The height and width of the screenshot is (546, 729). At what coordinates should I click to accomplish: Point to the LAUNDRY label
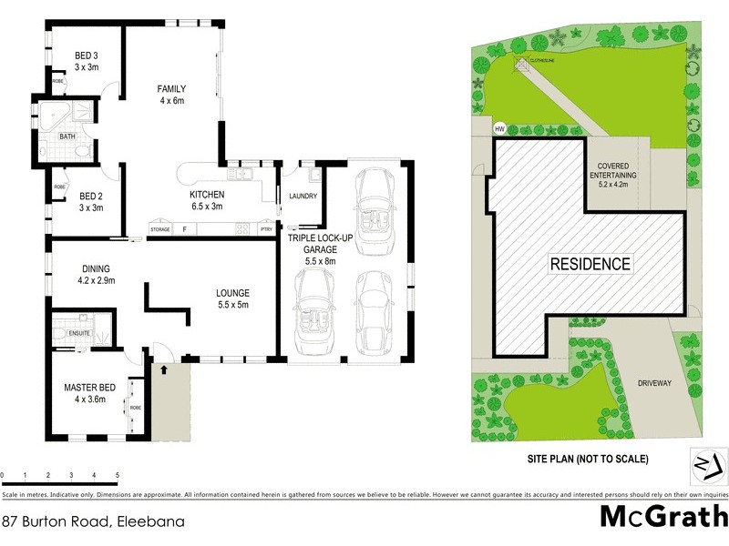[301, 196]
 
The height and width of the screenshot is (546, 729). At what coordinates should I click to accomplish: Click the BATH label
[67, 136]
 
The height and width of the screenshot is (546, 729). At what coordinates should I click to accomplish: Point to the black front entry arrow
[165, 369]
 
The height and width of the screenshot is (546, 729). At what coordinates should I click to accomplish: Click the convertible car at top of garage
[375, 202]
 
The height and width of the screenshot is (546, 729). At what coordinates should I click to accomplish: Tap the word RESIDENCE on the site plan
[590, 265]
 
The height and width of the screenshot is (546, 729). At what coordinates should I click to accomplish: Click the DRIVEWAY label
[653, 383]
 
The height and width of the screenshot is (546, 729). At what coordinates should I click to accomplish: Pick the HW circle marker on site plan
[499, 129]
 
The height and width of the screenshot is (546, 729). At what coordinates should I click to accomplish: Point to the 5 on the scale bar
[118, 475]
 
